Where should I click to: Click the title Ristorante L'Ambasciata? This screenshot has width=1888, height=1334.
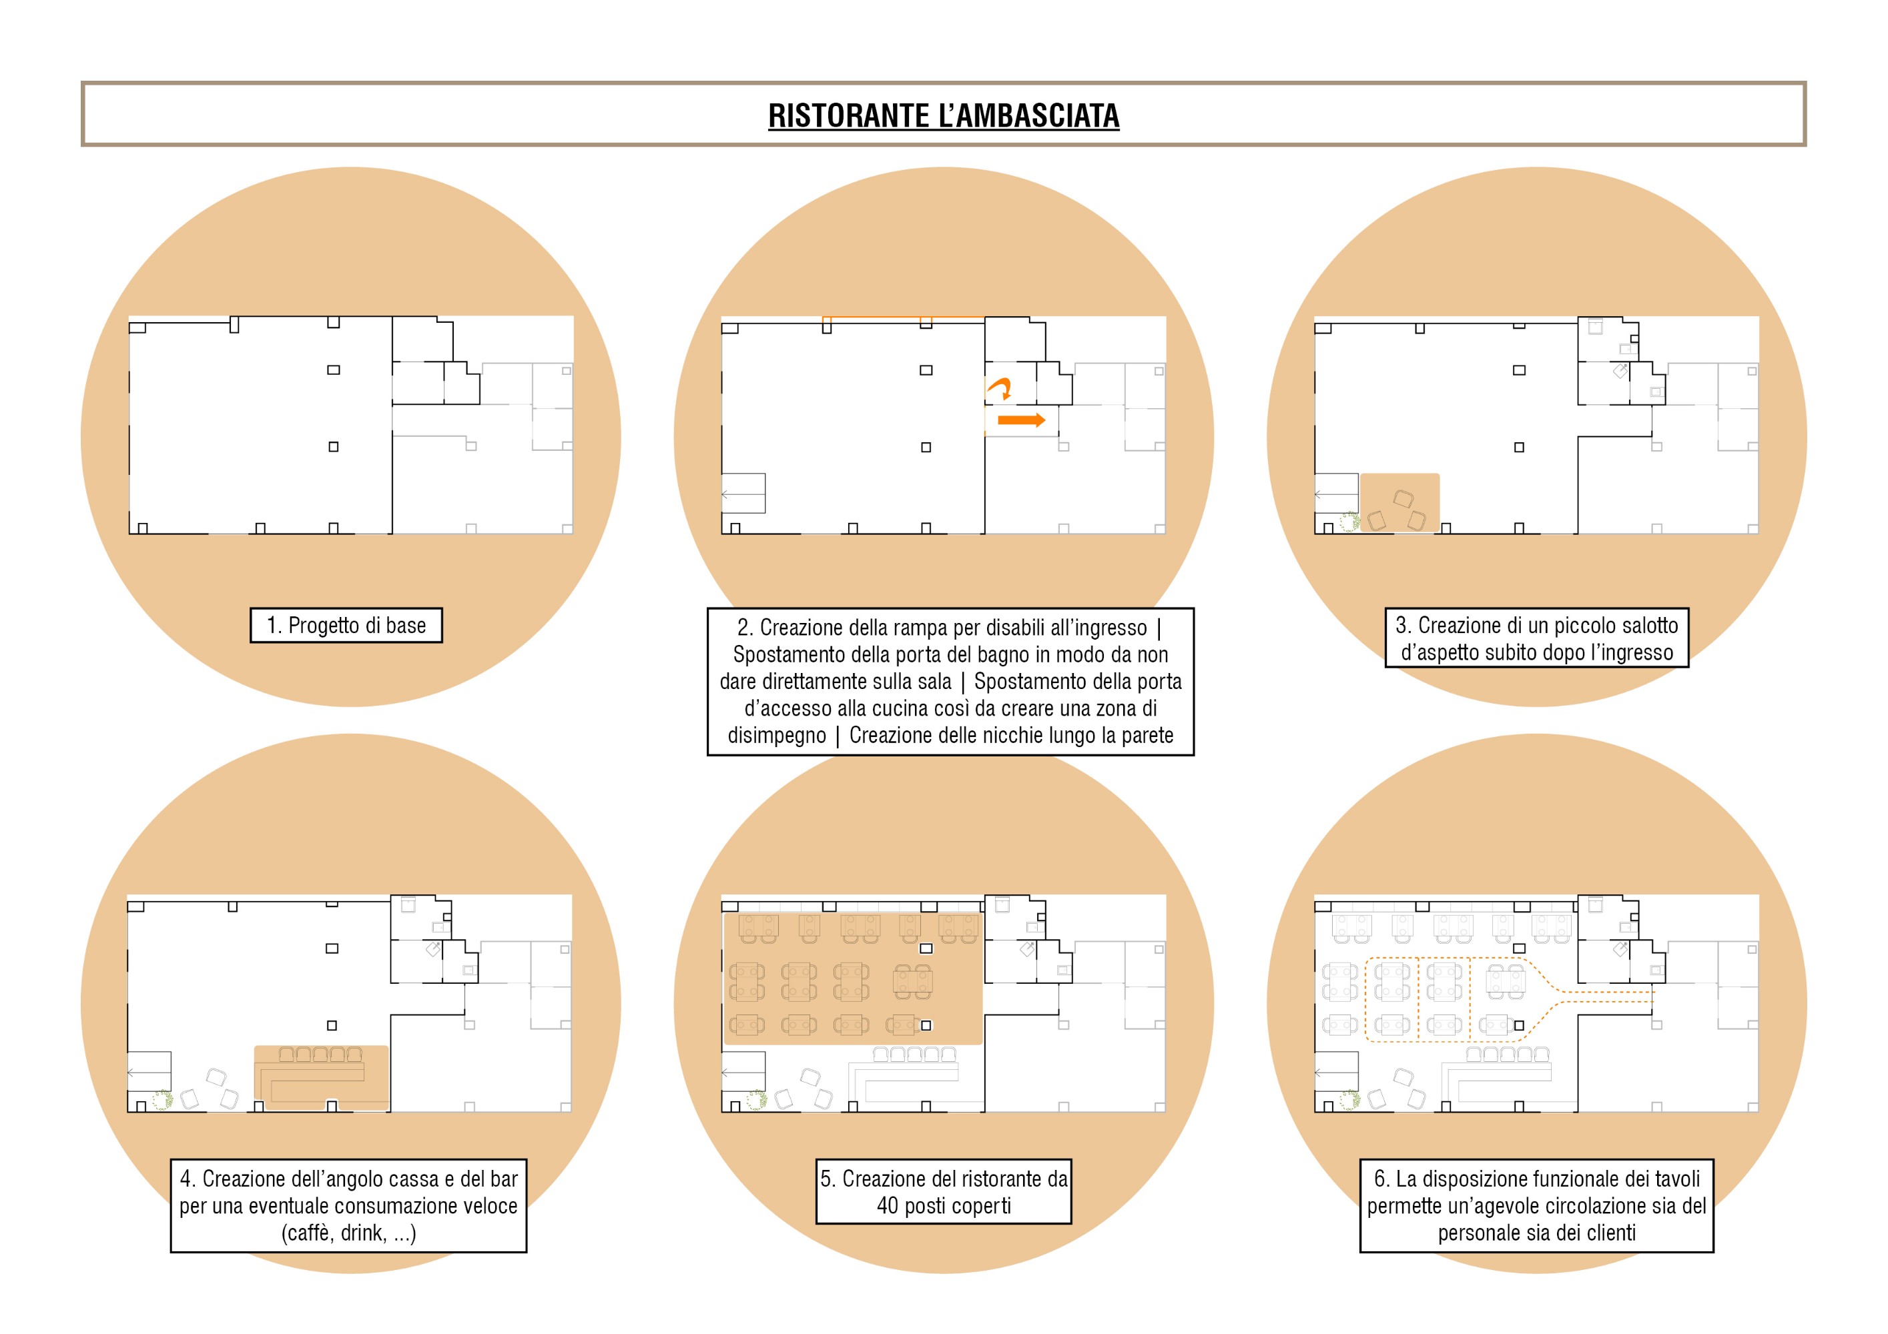click(943, 116)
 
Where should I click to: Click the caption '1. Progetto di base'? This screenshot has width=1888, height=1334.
click(346, 626)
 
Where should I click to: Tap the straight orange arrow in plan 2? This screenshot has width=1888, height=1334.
click(1021, 420)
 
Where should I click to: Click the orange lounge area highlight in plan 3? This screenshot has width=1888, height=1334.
click(1399, 502)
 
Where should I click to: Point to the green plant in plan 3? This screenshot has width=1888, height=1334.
click(1349, 522)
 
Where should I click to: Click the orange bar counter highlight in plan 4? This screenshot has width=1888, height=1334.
click(321, 1078)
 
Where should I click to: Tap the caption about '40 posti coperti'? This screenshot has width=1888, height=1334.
click(944, 1192)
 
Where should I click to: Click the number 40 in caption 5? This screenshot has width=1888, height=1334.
click(887, 1206)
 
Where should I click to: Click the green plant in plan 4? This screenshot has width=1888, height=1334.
click(162, 1100)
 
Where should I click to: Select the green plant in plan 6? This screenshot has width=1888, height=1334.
click(1349, 1100)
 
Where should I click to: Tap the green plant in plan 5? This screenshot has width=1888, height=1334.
click(757, 1100)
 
